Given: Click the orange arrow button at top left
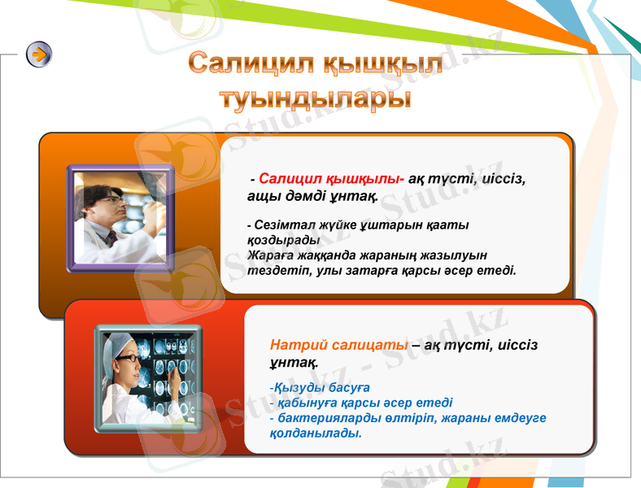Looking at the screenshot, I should (39, 54).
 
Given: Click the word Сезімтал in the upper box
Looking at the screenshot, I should (281, 224).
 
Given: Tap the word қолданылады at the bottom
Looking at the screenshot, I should (315, 433).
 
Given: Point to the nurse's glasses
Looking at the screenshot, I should (128, 357).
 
